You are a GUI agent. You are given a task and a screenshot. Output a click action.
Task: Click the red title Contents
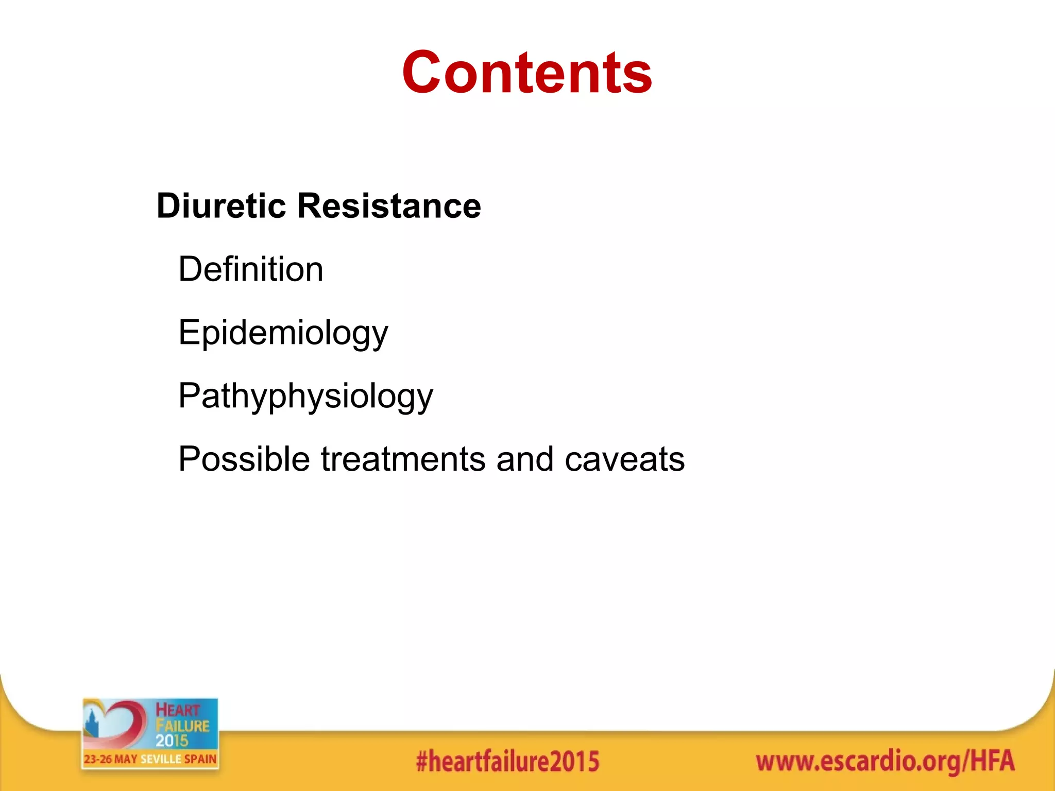(x=527, y=73)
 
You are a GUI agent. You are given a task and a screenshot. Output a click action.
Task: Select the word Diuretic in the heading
(x=221, y=206)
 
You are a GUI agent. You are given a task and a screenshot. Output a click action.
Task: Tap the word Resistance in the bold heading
(x=389, y=206)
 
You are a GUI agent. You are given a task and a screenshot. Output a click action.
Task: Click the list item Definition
(x=251, y=269)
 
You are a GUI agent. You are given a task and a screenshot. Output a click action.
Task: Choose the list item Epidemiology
(x=283, y=333)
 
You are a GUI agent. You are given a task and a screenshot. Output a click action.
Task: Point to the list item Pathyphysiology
(x=305, y=397)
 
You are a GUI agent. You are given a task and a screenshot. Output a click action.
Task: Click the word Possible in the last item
(x=244, y=459)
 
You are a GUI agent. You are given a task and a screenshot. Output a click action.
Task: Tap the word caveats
(x=624, y=459)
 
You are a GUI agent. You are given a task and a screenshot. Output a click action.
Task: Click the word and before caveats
(x=525, y=459)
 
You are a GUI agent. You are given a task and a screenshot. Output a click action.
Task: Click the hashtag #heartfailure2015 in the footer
(x=507, y=762)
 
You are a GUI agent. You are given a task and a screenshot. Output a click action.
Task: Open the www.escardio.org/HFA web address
(x=885, y=762)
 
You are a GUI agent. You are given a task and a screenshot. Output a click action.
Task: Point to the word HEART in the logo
(x=178, y=710)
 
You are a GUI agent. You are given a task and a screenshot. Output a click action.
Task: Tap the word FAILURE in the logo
(x=182, y=726)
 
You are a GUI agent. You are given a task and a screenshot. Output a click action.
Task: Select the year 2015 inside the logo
(x=172, y=741)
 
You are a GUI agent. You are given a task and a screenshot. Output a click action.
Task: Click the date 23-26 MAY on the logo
(x=110, y=759)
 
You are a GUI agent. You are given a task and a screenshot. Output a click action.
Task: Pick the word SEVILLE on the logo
(x=161, y=759)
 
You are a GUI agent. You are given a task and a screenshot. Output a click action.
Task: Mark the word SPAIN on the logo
(x=200, y=759)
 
